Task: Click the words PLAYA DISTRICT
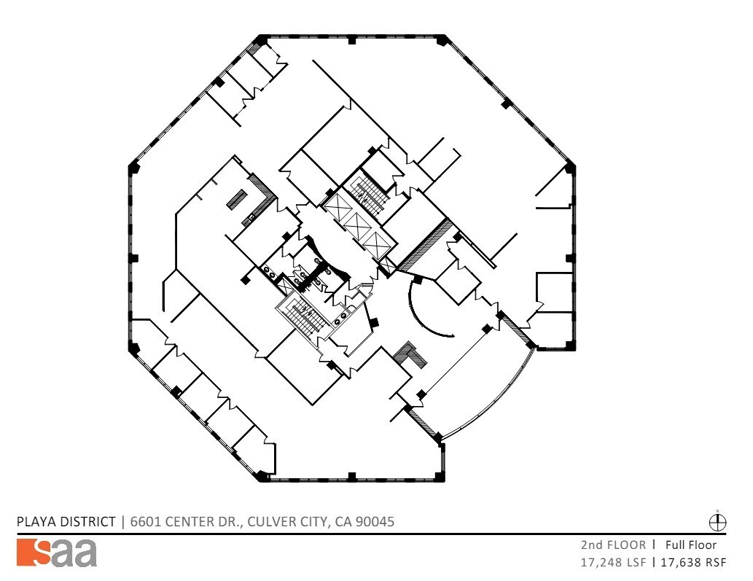tap(66, 522)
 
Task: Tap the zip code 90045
tap(375, 522)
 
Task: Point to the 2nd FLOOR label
tap(613, 545)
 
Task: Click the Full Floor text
tap(690, 545)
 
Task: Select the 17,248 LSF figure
tap(613, 562)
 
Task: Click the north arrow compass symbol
tap(718, 522)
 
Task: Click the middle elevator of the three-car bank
tap(357, 227)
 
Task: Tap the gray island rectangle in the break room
tap(236, 199)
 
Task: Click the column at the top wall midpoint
tap(352, 39)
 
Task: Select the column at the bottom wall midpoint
tap(352, 477)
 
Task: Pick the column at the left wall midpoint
tap(133, 258)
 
